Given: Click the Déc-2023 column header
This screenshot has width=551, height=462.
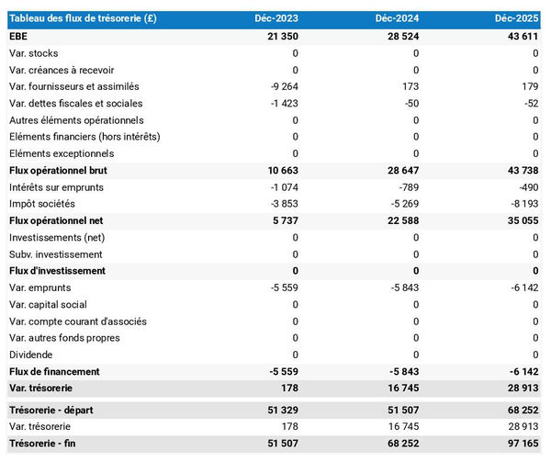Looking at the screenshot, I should click(275, 18).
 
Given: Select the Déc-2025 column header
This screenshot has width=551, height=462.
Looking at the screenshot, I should click(516, 18).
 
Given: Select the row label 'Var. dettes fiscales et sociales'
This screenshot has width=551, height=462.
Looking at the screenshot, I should click(76, 103).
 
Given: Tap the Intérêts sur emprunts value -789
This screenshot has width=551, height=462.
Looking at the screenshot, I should click(404, 187).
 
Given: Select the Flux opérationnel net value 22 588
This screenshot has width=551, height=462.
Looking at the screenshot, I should click(399, 220).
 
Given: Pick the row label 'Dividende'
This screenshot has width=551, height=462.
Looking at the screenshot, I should click(32, 355).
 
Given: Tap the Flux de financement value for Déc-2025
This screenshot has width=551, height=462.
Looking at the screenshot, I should click(522, 372).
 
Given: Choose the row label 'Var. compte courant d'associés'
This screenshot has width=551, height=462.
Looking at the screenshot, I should click(77, 321).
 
